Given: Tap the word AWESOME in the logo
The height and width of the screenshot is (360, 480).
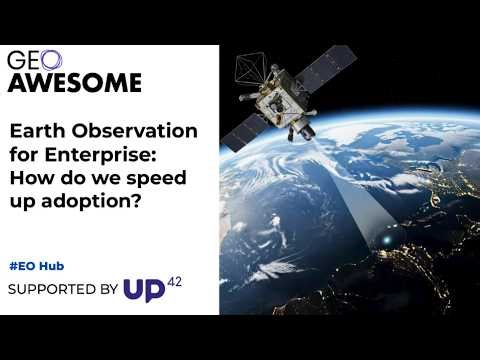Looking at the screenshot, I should [75, 82].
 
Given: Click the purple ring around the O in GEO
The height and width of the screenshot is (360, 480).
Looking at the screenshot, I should [51, 60].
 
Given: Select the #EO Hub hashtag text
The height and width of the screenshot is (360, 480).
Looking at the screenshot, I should [43, 267].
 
